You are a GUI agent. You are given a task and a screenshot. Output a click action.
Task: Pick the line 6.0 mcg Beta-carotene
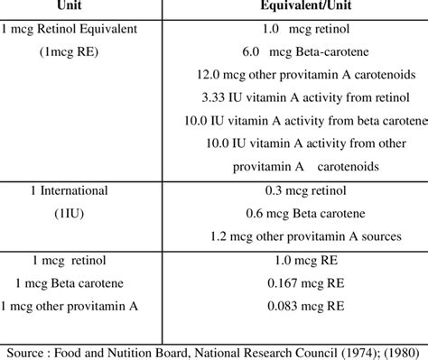[296, 52]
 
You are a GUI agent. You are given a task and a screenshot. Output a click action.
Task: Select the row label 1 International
[69, 191]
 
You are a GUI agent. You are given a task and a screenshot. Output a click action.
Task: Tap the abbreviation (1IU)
[69, 215]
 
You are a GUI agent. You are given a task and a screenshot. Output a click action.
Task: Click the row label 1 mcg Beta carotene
[69, 284]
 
